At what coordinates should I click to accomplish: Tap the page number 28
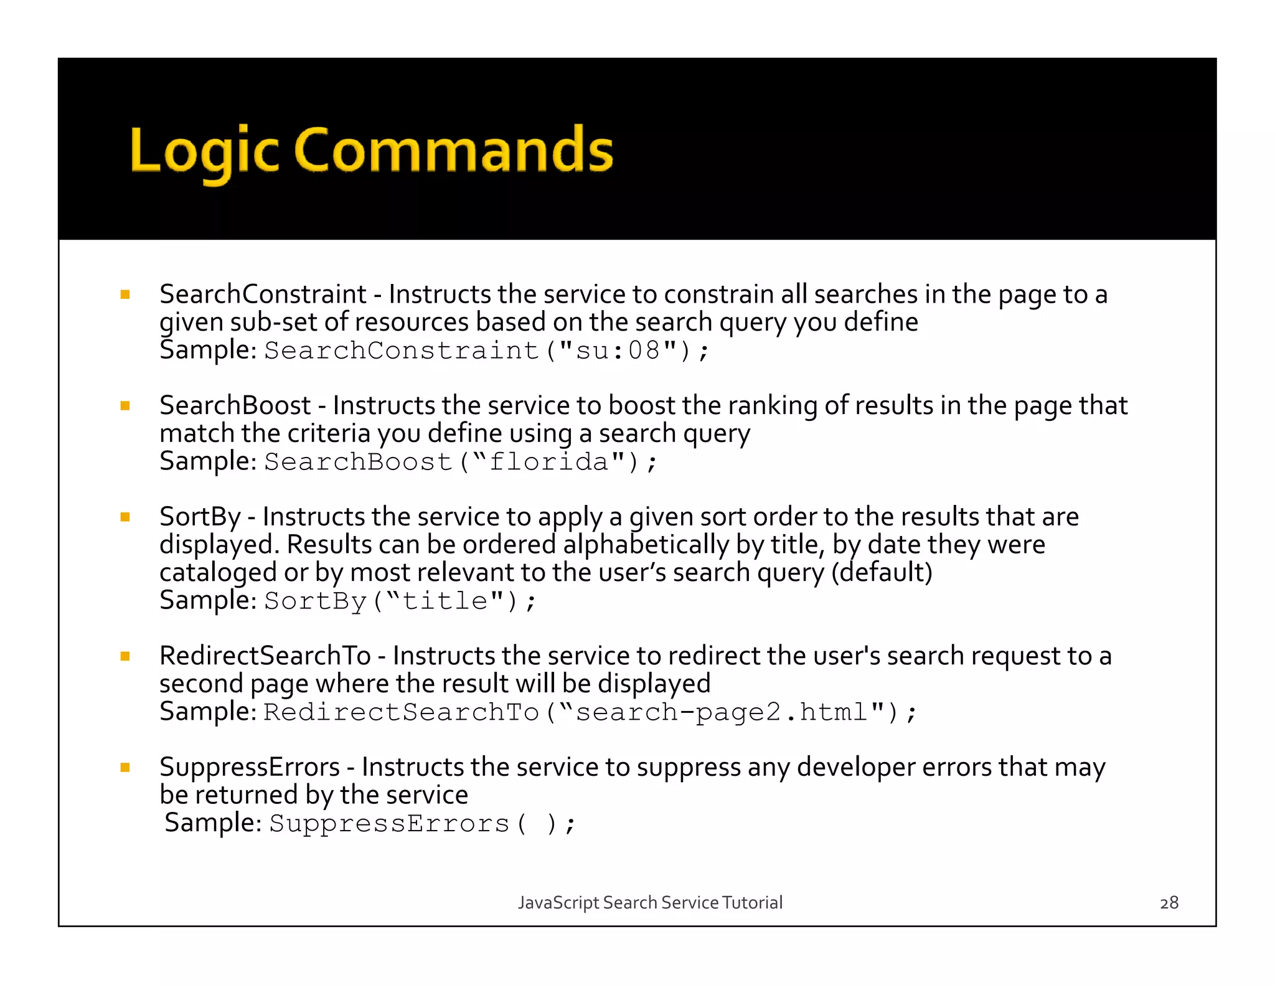coord(1169,902)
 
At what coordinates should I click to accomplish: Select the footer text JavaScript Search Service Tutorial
coord(650,902)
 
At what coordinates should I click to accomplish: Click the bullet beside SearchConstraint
coord(125,295)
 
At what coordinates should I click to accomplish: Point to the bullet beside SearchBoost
coord(125,406)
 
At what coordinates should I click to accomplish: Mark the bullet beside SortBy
coord(125,517)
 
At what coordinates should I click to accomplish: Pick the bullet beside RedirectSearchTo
coord(125,656)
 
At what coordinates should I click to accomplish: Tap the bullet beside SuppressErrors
coord(125,768)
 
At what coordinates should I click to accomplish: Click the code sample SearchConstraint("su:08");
coord(486,351)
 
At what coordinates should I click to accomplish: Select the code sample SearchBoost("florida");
coord(460,462)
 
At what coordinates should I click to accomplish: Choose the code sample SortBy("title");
coord(400,601)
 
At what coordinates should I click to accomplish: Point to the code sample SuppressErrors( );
coord(423,824)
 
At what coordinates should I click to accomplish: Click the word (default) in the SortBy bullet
coord(882,572)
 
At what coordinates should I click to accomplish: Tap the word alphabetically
coord(646,545)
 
